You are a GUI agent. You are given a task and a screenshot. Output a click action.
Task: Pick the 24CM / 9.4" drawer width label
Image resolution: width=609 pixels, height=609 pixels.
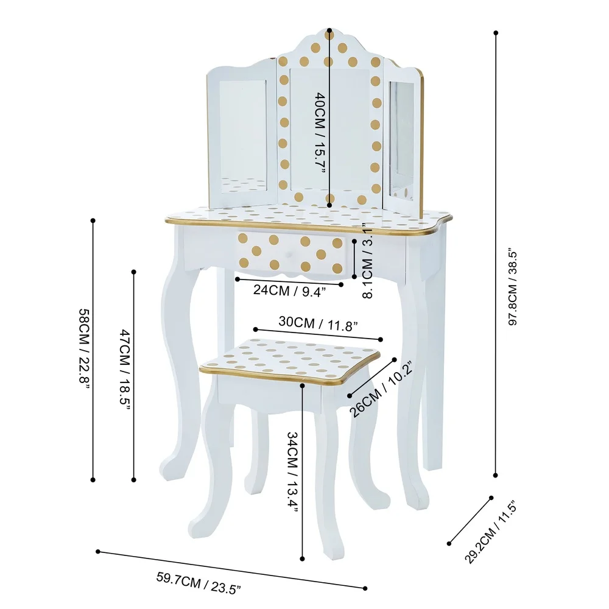(x=289, y=290)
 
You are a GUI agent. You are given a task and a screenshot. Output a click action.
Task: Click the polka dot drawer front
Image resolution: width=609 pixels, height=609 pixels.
(x=292, y=252)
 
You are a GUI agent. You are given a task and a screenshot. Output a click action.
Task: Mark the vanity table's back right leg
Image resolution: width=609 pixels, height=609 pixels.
(x=434, y=365)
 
